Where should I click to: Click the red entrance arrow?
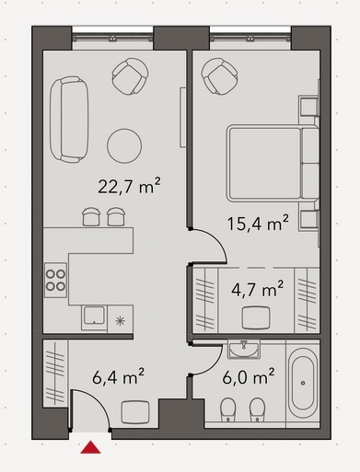coord(90,447)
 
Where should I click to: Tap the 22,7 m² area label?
coord(129,186)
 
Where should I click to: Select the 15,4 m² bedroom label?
coord(258,223)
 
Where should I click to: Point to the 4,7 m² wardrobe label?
coord(257,289)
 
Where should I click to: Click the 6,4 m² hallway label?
coord(118,377)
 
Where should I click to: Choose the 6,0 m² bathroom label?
coord(249,377)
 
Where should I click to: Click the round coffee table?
coord(124,145)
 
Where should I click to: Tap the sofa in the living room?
coord(69,120)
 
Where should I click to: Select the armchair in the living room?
coord(130,76)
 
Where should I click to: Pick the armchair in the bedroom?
coord(219,76)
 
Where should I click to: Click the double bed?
coord(273,163)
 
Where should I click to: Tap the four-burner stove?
coord(55,280)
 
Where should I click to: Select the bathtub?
coord(303,384)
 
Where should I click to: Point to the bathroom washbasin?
coord(244,349)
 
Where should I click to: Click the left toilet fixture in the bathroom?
coord(227,409)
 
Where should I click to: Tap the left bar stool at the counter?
coord(91,216)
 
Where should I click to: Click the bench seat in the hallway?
coord(135,412)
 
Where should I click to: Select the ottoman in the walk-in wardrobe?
coord(256,317)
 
